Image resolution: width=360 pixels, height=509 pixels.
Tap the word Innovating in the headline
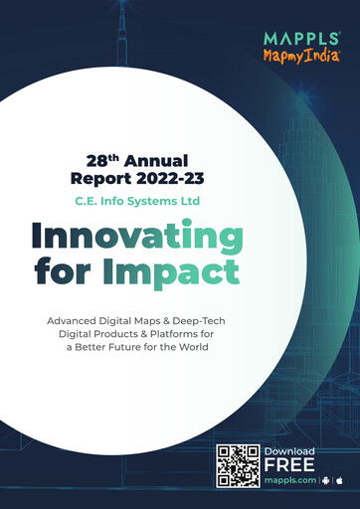(x=136, y=237)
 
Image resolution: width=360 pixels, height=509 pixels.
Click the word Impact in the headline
(x=182, y=270)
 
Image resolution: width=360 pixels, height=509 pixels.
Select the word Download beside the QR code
(x=289, y=452)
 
